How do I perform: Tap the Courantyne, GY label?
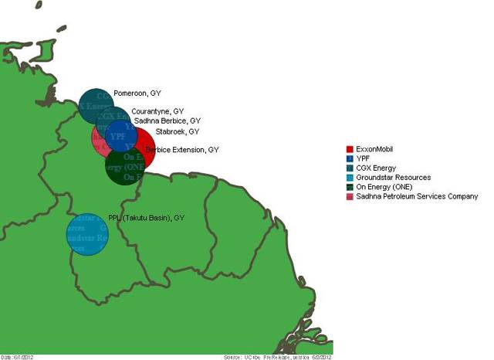(157, 111)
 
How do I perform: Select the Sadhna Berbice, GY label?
(167, 121)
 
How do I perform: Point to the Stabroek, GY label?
(177, 132)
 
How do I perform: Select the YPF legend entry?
(364, 158)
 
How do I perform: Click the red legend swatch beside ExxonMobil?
(350, 149)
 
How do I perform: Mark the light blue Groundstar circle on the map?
(87, 235)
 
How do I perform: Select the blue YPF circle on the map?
(120, 136)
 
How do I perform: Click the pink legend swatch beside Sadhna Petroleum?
(350, 196)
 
